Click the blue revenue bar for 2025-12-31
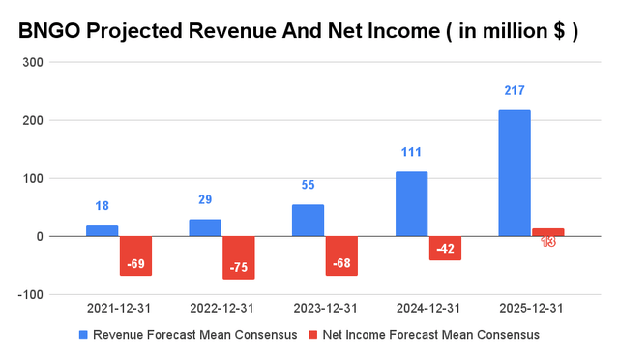[x=514, y=173]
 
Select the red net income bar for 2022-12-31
[x=239, y=257]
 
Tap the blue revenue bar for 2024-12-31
[x=411, y=204]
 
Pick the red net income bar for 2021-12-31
[x=135, y=255]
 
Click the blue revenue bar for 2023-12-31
[x=308, y=221]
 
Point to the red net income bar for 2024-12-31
[x=445, y=248]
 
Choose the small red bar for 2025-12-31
[x=547, y=232]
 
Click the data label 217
[x=514, y=91]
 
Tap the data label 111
[x=411, y=153]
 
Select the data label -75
[x=239, y=268]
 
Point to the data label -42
[x=445, y=250]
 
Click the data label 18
[x=102, y=206]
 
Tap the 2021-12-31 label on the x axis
[x=119, y=308]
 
